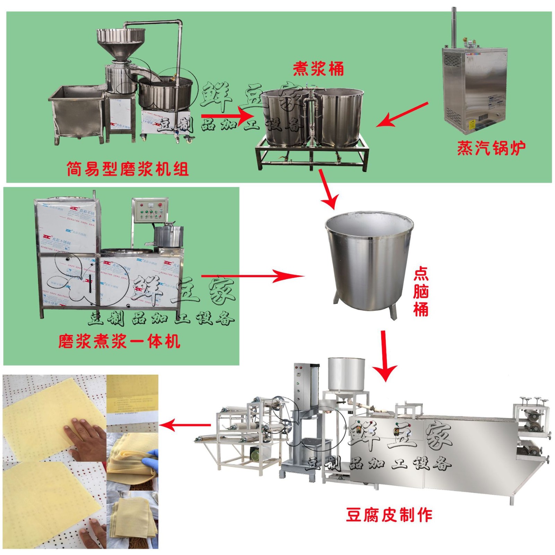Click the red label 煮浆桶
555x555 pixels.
tap(318, 69)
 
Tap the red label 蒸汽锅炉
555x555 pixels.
tap(491, 148)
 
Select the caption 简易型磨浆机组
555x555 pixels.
tap(127, 169)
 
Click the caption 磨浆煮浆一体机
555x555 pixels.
tap(119, 341)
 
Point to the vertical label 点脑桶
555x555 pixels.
tap(420, 291)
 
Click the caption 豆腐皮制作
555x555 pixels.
tap(389, 515)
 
